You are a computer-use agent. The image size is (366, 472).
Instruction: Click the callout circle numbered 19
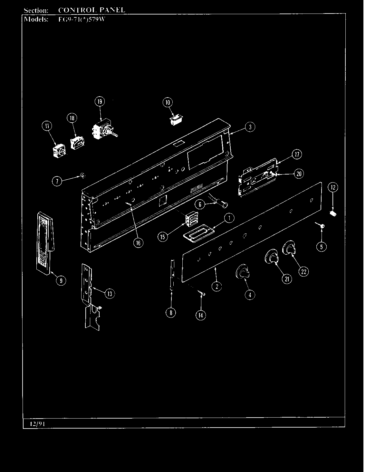click(x=100, y=102)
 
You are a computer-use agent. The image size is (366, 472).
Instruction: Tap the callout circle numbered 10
click(x=168, y=103)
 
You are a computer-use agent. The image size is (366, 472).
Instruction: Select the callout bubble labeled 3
click(x=250, y=127)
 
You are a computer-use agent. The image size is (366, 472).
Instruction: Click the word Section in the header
click(x=36, y=10)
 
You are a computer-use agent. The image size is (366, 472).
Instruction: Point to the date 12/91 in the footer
click(x=37, y=424)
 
